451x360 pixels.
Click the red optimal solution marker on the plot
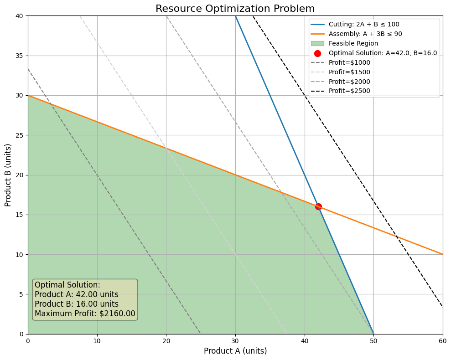tap(318, 206)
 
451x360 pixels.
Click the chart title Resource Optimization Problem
tap(235, 9)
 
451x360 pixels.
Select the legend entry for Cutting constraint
tap(365, 25)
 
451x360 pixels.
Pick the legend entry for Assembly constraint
tap(365, 34)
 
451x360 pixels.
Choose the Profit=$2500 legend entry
tap(349, 91)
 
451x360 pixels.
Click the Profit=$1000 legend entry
tap(349, 63)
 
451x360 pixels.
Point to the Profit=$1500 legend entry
tap(349, 72)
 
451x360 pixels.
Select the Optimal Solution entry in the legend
tap(383, 53)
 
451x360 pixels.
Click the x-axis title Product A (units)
tap(235, 351)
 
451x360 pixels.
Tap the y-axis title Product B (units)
tap(8, 175)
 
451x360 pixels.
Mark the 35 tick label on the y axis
tap(20, 56)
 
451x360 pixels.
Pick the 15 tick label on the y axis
tap(20, 215)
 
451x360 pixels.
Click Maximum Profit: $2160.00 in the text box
tap(85, 314)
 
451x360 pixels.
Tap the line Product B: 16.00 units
tap(77, 304)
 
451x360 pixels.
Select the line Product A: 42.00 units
tap(77, 294)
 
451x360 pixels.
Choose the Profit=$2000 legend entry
tap(349, 82)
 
